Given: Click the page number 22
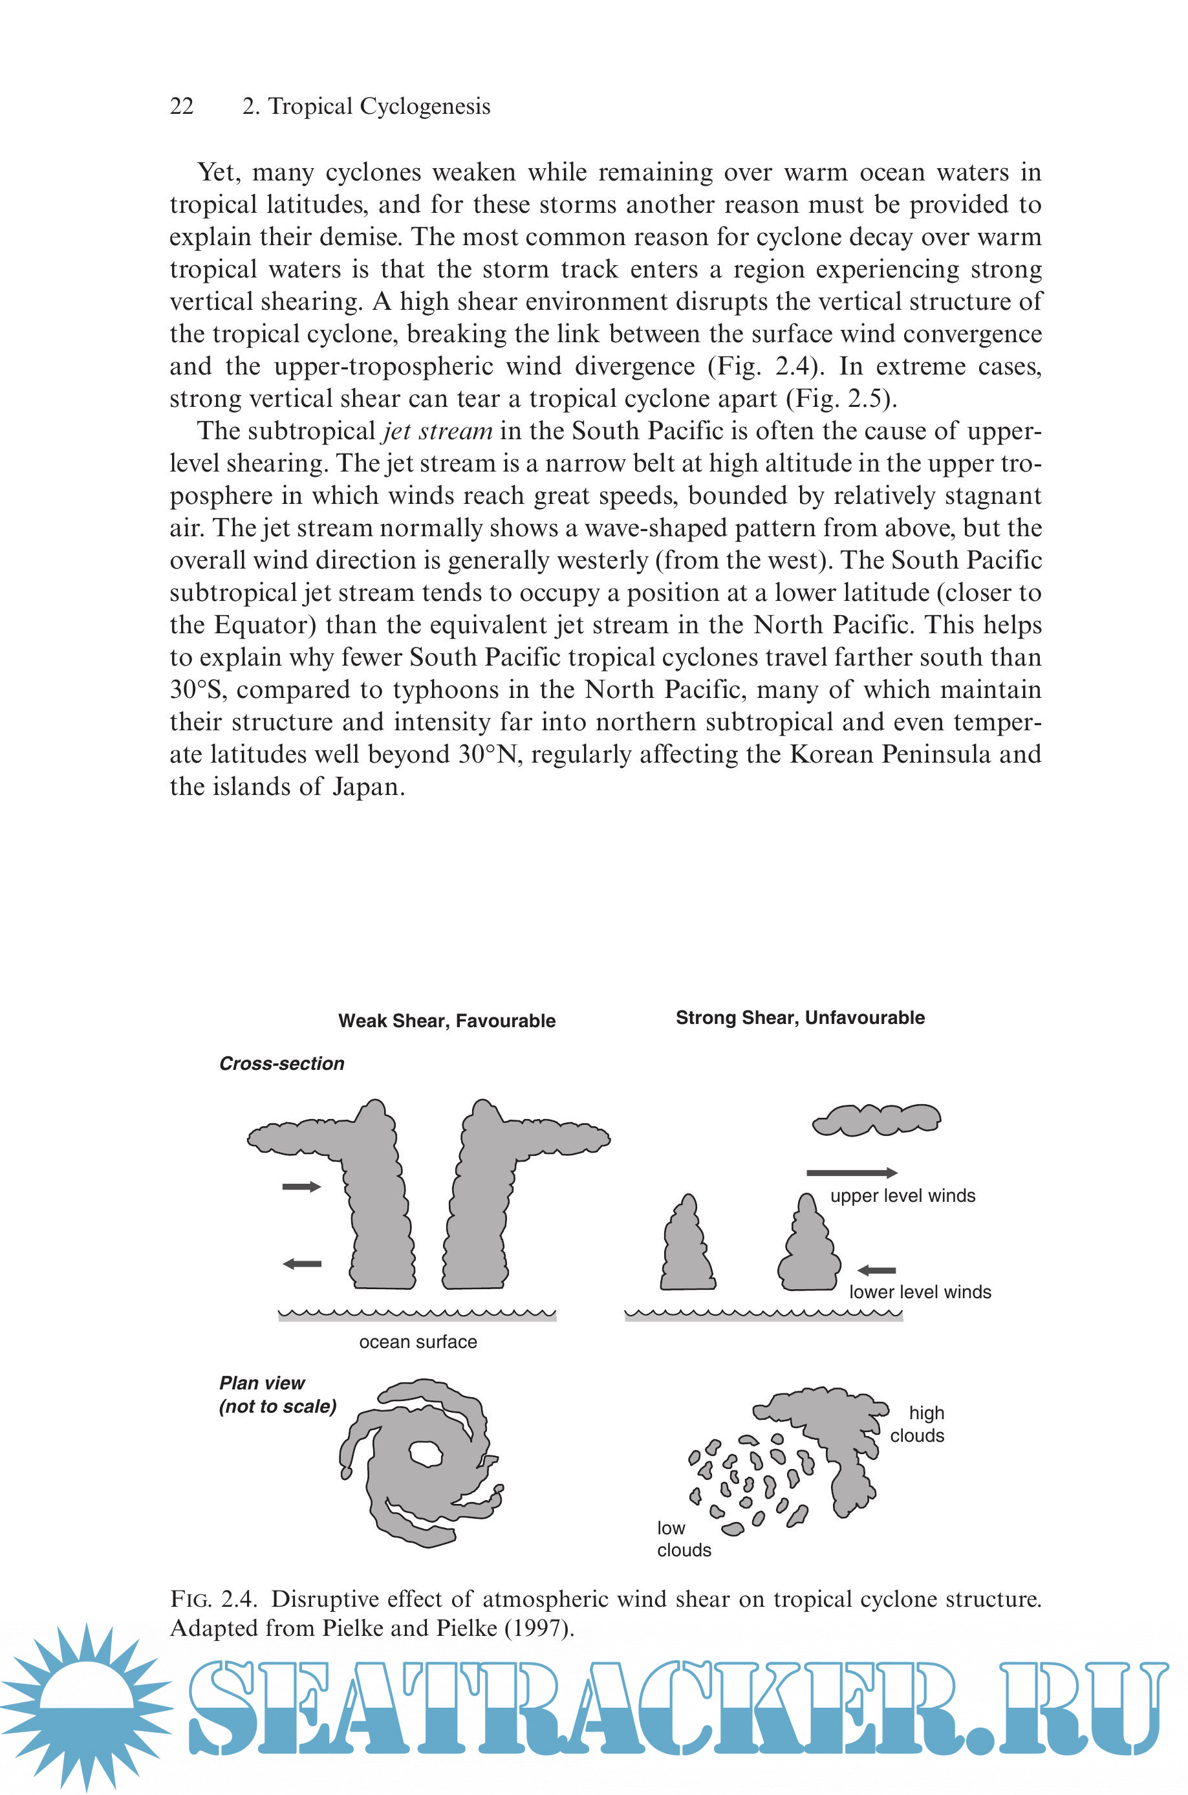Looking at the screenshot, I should tap(182, 106).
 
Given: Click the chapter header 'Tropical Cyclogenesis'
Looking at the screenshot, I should tap(378, 106).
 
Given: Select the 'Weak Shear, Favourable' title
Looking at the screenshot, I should tap(446, 1021).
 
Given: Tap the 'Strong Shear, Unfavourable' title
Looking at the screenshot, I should tap(799, 1017).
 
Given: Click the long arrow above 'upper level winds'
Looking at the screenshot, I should tap(851, 1173).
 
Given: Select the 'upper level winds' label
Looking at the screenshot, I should tap(902, 1195).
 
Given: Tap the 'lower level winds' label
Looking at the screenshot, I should tap(920, 1292).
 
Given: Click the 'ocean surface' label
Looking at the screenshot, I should tap(418, 1342).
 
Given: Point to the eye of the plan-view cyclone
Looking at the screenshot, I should tap(426, 1453).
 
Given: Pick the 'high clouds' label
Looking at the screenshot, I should tap(918, 1424).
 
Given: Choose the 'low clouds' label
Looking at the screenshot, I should tap(684, 1539).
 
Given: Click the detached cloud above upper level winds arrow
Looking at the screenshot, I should tap(876, 1120).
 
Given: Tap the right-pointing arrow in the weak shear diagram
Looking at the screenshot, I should tap(301, 1186).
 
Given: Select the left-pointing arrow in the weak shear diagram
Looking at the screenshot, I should tap(301, 1264).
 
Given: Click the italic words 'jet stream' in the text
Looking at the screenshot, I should tap(437, 431).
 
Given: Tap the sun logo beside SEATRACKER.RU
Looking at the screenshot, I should tap(88, 1707).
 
